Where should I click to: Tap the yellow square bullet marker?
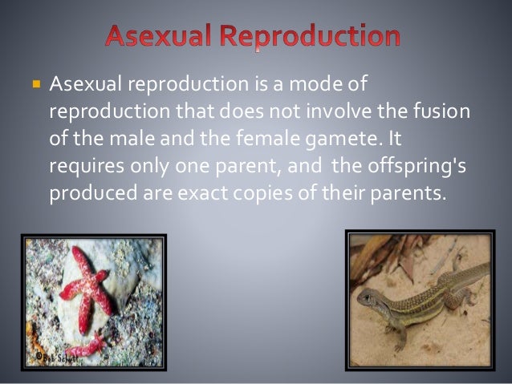36,83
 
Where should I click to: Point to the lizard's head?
371,301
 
